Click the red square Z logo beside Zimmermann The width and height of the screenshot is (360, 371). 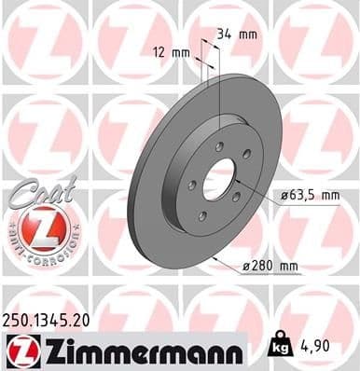tap(20, 350)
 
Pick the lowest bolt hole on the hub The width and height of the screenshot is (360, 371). tap(202, 216)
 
